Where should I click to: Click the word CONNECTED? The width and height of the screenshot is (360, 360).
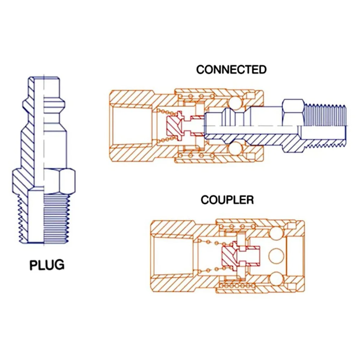click(x=231, y=69)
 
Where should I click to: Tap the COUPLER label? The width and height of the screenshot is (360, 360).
click(x=227, y=200)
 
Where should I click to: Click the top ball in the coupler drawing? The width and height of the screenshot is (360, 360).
click(x=277, y=236)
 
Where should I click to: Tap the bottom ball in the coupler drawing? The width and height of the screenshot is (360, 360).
click(x=277, y=278)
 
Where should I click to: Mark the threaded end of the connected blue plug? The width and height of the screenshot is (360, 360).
click(x=325, y=126)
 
